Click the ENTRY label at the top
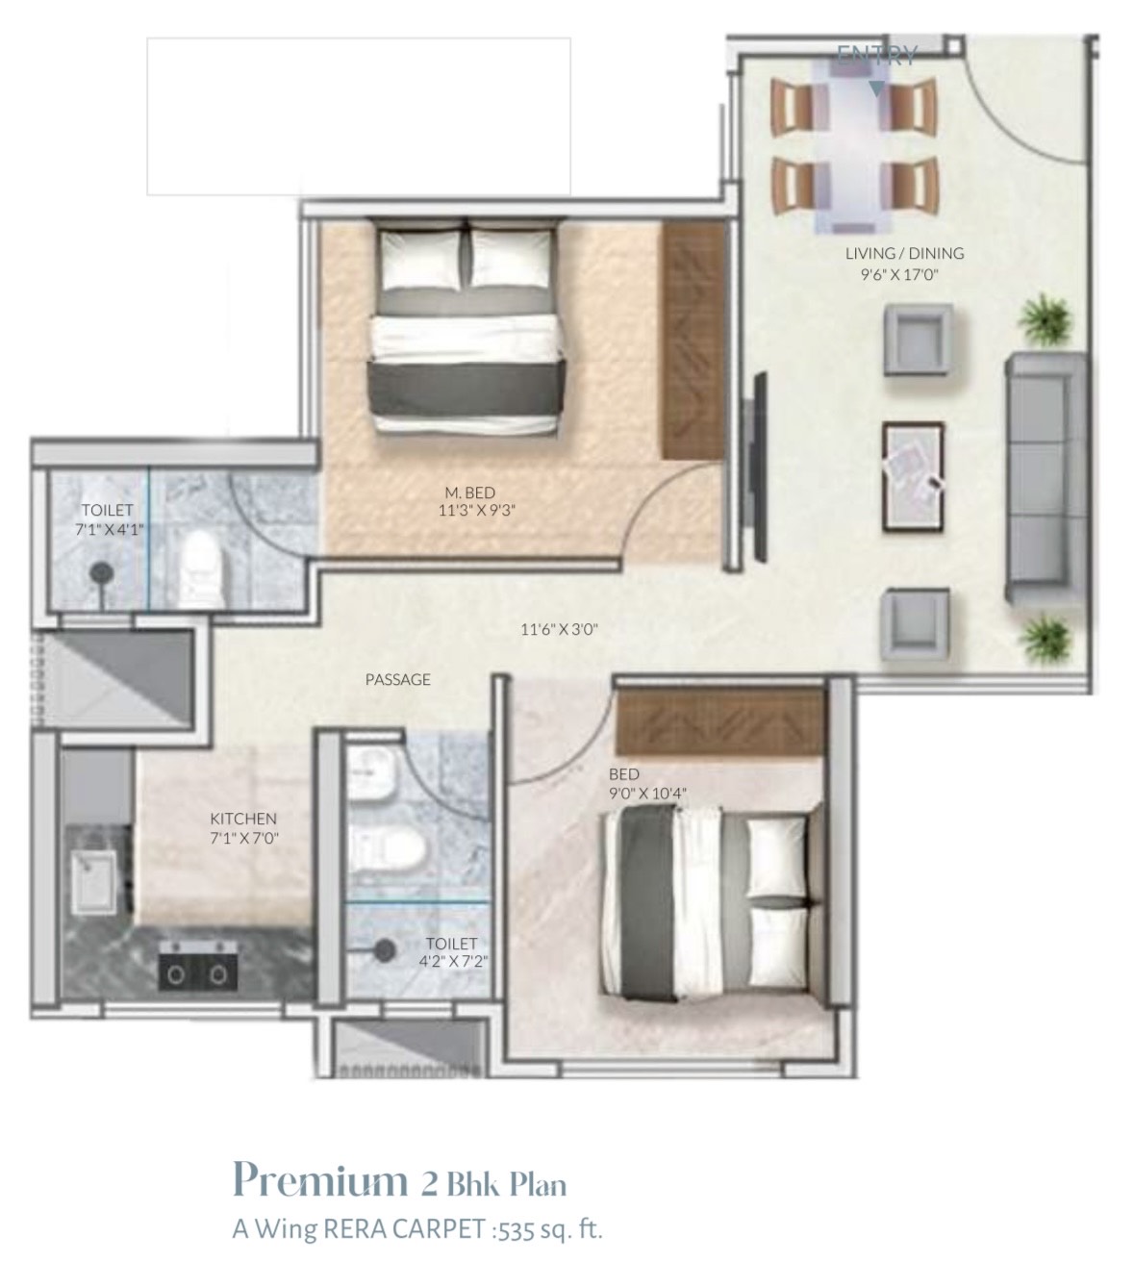[876, 56]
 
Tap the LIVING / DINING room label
[904, 254]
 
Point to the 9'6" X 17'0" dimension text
[899, 274]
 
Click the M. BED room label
[470, 492]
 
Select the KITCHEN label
[243, 819]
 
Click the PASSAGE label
[397, 680]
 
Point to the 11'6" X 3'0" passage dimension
[559, 629]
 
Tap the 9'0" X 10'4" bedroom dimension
[647, 793]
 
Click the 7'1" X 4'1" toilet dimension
[109, 529]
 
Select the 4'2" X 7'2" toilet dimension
[453, 961]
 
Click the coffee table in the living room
[913, 477]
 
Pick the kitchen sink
[93, 883]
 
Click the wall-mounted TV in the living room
[760, 467]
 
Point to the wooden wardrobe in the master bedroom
[693, 341]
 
